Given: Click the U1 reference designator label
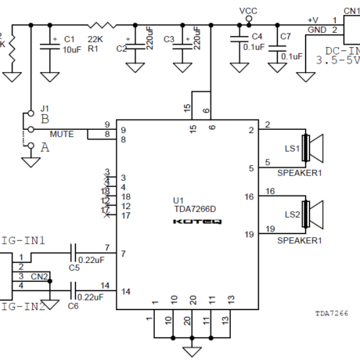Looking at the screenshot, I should point(178,200).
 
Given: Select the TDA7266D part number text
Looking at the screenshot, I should point(195,211).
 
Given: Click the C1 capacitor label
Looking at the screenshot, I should point(69,38).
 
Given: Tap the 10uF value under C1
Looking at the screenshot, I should point(71,49).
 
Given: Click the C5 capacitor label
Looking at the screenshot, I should point(74,267).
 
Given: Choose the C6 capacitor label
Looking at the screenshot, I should point(74,306).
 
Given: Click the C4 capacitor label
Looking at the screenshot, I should point(257,38).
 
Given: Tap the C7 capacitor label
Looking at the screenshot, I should point(285,38).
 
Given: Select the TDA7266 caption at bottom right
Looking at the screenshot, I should point(332,312).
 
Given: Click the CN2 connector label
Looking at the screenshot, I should point(40,276).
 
